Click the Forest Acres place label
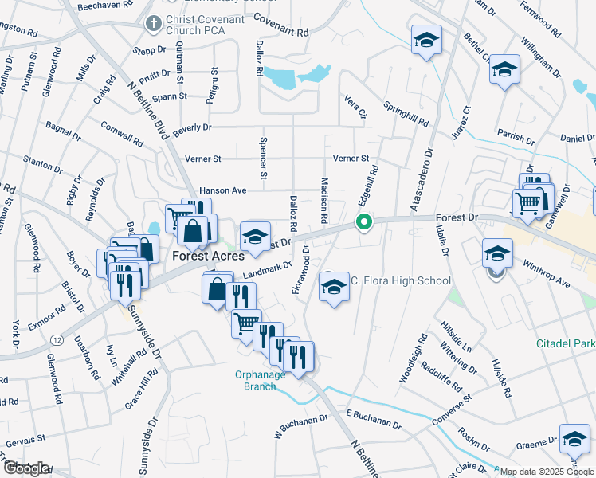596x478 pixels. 202,257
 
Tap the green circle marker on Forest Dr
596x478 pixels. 364,221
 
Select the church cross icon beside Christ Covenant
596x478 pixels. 152,24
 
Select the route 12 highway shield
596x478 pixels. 57,339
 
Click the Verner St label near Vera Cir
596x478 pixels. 351,159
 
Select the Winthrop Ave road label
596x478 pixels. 547,272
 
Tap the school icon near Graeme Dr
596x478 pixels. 574,437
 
